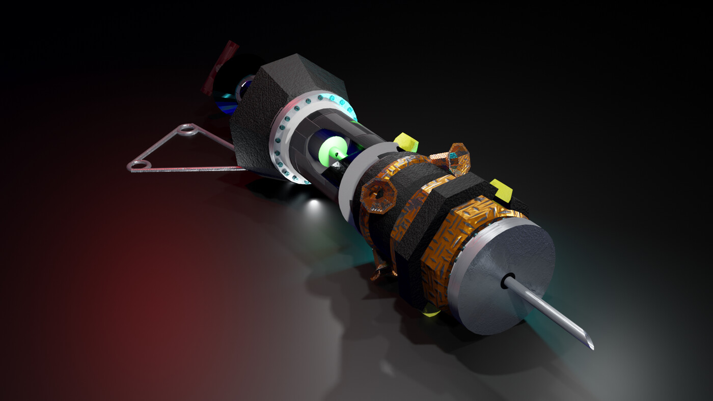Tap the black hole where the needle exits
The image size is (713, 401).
tap(509, 280)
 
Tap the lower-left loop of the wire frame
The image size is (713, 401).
tap(140, 165)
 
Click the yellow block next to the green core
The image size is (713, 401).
tap(406, 142)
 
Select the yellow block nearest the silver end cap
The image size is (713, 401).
tap(502, 190)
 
